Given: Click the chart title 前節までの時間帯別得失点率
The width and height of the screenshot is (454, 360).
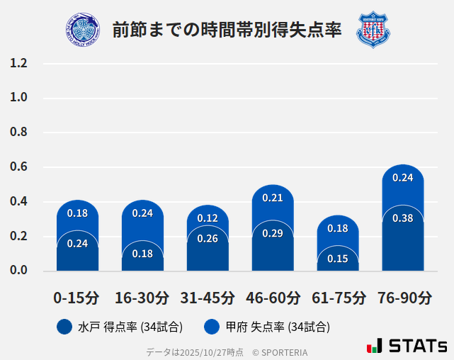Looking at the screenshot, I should coord(227,30).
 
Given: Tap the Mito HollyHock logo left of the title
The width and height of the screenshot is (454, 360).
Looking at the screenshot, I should coord(82,30).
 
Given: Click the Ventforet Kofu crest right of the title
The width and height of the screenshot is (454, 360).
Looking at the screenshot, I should coord(373,30).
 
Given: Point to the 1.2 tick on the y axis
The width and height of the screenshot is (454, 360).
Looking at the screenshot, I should coord(18,63).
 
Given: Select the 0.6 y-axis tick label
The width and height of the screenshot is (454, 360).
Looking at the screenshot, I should coord(18,167).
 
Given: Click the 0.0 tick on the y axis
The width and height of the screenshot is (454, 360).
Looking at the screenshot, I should coord(18,270).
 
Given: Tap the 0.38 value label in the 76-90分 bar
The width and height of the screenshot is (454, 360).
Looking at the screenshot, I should coord(402,218).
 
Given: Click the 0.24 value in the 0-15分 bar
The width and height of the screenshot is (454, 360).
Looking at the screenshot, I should coord(77,244).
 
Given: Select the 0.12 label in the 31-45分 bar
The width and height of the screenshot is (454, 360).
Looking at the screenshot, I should coord(208,218).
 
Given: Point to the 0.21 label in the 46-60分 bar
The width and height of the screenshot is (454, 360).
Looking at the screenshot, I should coord(273,198).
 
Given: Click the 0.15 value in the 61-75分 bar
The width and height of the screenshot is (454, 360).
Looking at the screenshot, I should coord(338,259).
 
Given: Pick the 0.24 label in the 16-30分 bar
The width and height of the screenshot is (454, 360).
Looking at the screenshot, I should coord(142,213).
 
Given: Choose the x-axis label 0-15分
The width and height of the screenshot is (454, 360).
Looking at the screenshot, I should coord(76,298).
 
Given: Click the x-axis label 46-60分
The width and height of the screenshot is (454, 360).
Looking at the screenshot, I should coord(273,298).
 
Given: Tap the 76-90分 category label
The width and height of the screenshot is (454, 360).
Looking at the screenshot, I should coord(403,298).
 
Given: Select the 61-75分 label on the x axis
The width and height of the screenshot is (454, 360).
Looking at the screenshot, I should coord(338,298).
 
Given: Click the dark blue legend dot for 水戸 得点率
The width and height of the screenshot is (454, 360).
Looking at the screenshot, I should coord(64,327).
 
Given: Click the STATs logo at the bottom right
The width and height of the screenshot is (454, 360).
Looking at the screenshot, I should coord(407,346).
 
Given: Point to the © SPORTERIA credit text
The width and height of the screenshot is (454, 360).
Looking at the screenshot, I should coord(280,352).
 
